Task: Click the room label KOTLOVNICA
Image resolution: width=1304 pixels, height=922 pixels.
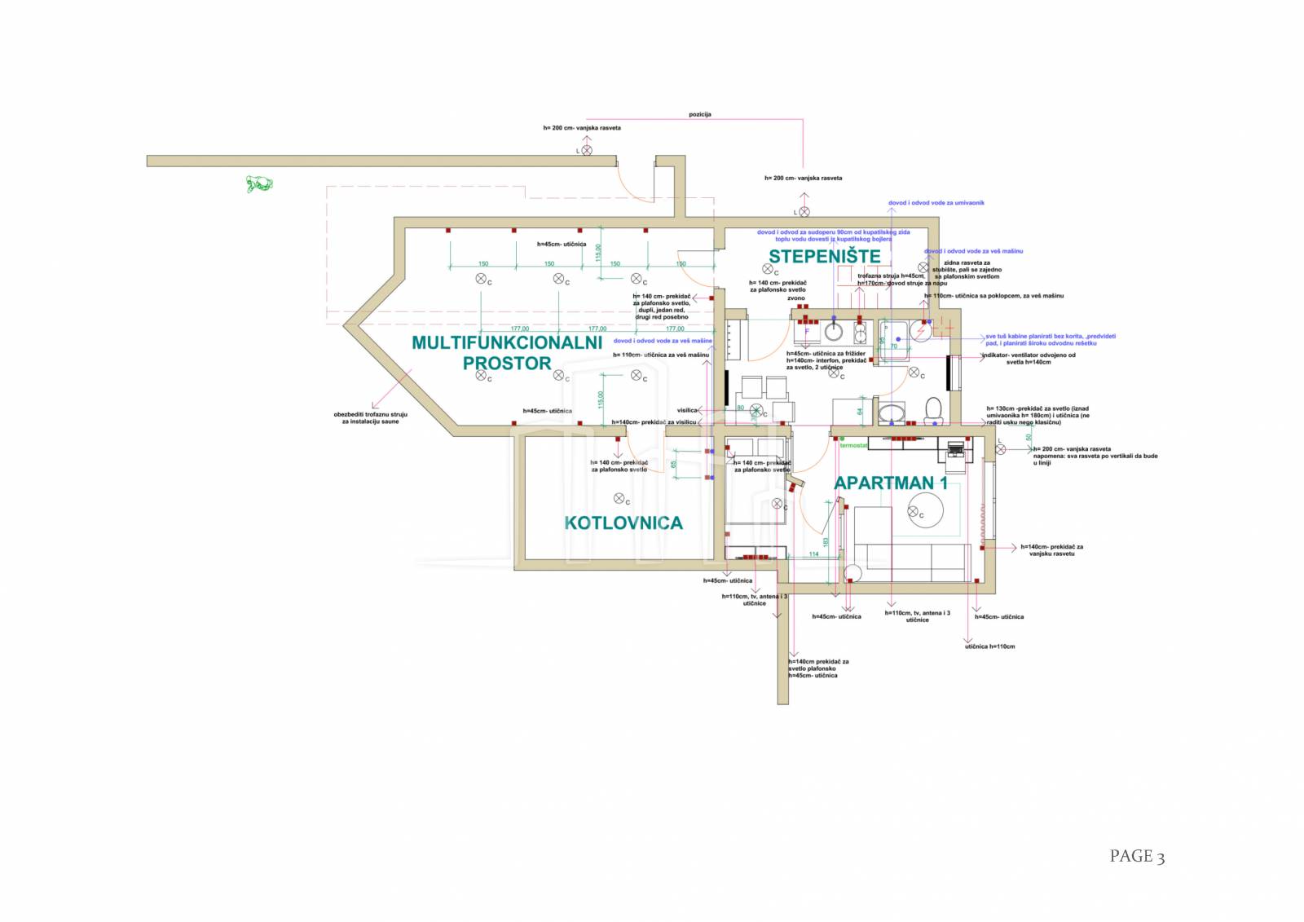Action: tap(623, 523)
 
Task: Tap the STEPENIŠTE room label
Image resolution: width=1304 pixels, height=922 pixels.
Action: tap(824, 257)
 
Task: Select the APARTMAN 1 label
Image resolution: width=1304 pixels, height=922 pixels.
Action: tap(890, 483)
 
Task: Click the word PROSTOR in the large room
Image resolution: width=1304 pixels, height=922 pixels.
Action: tap(507, 364)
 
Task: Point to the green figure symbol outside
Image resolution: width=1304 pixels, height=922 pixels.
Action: tap(259, 183)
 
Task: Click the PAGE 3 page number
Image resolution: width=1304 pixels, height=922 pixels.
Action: tap(1136, 856)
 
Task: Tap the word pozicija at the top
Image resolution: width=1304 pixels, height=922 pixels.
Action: tap(699, 114)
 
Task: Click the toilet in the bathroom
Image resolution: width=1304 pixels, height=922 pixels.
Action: tap(933, 409)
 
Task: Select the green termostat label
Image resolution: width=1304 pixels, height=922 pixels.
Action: tap(853, 445)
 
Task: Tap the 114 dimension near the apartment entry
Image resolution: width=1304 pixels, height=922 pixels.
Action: tap(813, 554)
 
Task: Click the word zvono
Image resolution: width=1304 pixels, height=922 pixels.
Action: tap(795, 298)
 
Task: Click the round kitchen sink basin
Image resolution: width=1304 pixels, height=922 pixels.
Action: tap(833, 331)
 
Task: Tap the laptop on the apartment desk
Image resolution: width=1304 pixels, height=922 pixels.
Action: tap(954, 448)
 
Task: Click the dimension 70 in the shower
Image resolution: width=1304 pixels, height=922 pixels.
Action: tap(893, 346)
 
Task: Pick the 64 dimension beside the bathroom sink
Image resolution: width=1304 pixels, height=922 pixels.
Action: tap(860, 412)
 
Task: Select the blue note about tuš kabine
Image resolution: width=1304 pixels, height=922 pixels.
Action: tap(1050, 339)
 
